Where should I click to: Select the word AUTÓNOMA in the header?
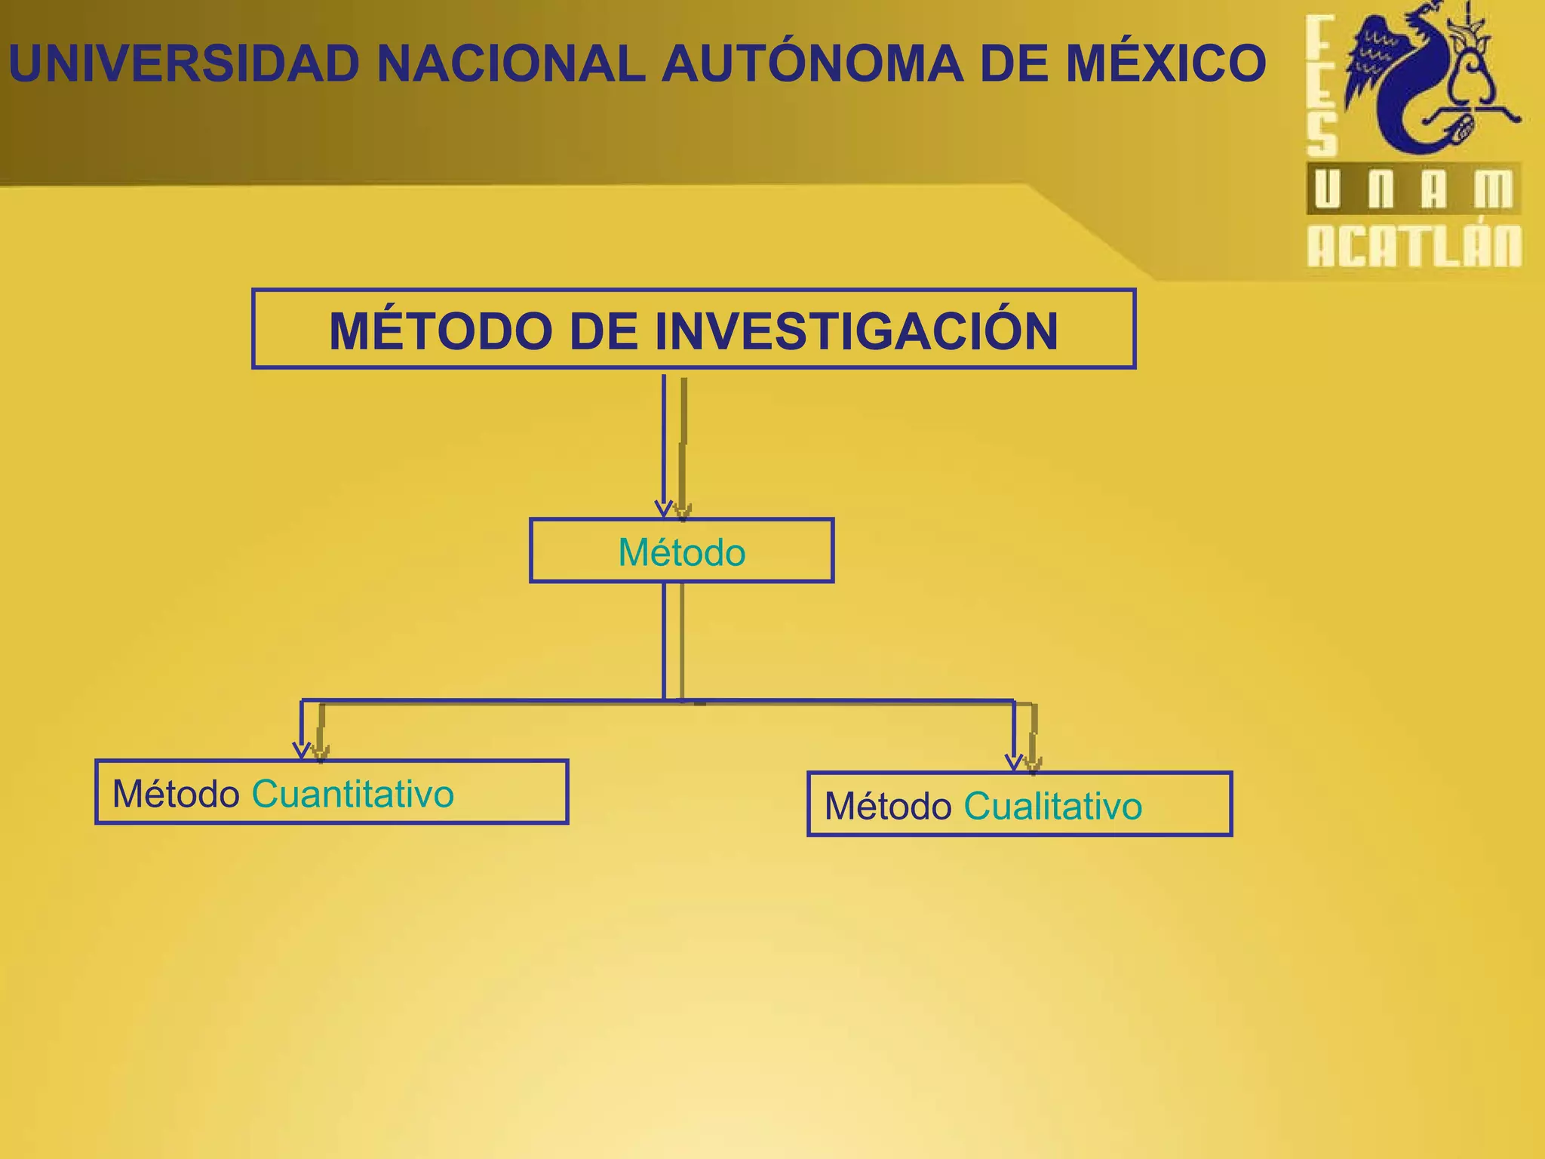[812, 64]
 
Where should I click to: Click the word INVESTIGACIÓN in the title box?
[855, 331]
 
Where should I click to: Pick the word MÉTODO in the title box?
[441, 331]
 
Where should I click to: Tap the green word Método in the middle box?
[681, 552]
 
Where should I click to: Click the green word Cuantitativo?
[352, 794]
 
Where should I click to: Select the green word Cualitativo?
[1052, 806]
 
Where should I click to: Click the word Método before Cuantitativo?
[176, 794]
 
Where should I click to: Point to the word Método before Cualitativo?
[888, 806]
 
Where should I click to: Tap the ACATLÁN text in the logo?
[1414, 246]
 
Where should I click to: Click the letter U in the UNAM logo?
[1327, 189]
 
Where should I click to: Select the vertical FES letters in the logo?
[1321, 87]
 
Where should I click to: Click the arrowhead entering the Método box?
[664, 509]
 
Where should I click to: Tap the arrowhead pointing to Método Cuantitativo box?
[302, 751]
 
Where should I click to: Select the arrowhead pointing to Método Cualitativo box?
[1014, 762]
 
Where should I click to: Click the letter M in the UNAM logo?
[1493, 189]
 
